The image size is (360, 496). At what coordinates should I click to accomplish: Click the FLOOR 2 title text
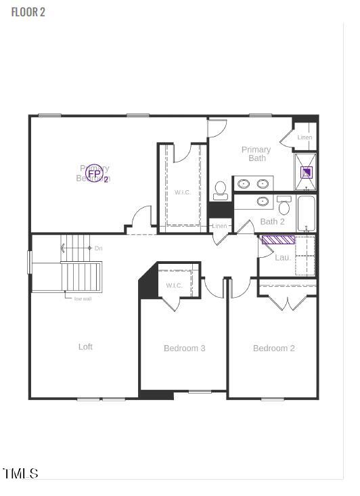[28, 12]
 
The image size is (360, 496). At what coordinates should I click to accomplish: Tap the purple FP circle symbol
[95, 175]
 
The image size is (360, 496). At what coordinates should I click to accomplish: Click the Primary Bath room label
[256, 154]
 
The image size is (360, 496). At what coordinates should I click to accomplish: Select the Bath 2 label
[273, 221]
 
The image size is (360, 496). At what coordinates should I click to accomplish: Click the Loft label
[85, 346]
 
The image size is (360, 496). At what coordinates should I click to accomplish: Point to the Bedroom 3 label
[185, 348]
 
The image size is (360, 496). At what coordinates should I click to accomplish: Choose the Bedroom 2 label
[274, 348]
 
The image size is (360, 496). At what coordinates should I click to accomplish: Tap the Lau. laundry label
[283, 257]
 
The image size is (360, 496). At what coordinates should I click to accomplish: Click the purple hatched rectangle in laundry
[278, 240]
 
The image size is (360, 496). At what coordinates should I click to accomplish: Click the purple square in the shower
[307, 172]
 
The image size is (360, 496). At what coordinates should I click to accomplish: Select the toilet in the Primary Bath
[221, 190]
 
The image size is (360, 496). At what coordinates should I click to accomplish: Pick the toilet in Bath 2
[284, 206]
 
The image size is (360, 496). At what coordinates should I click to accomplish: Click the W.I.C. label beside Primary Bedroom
[183, 193]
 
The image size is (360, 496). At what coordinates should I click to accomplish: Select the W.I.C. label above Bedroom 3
[174, 286]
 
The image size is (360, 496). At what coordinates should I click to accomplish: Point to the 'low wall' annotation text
[83, 298]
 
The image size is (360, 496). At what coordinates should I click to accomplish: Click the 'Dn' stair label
[98, 248]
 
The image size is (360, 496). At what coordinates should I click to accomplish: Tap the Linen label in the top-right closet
[305, 138]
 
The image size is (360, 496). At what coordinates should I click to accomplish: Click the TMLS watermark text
[20, 473]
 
